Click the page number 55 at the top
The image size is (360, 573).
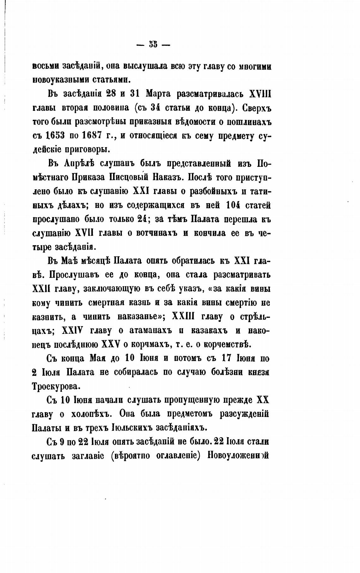[153, 45]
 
